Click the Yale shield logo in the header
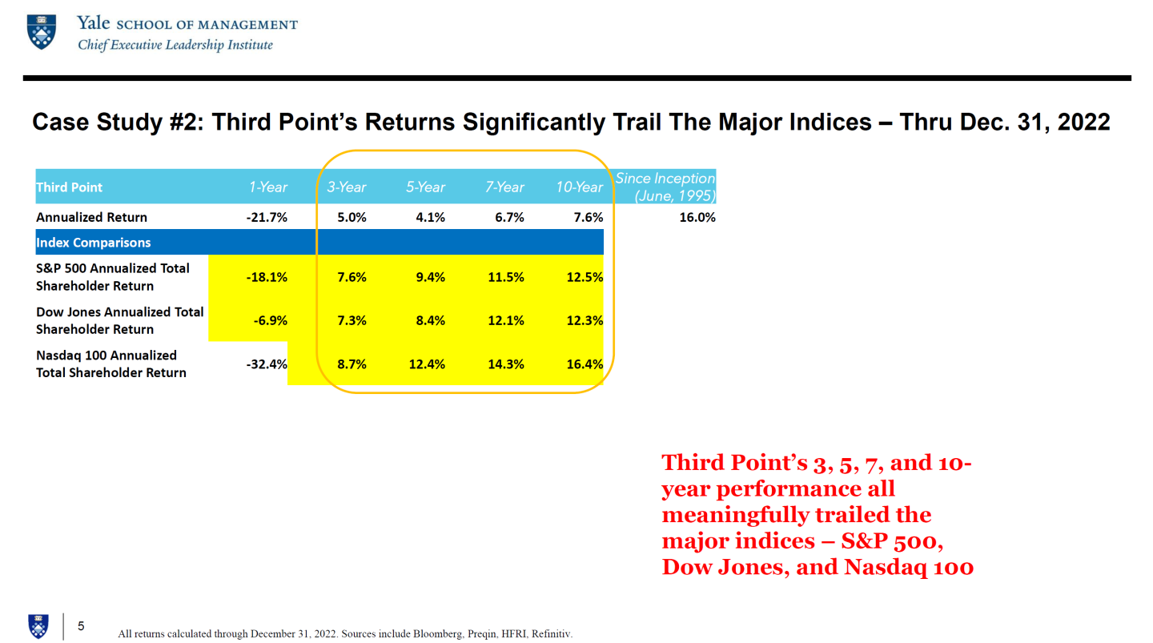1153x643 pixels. point(41,32)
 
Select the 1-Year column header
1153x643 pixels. point(267,187)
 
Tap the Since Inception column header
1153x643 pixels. point(665,187)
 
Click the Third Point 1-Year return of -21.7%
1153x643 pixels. point(267,217)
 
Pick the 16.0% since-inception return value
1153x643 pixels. point(697,217)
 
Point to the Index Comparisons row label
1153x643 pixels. point(93,243)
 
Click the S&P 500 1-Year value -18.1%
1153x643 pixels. point(267,278)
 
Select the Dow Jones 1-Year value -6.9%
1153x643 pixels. point(271,321)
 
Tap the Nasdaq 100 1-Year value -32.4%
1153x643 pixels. point(267,364)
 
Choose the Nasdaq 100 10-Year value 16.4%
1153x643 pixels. point(585,364)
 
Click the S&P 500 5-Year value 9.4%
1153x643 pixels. point(430,278)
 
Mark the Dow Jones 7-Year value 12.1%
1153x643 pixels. point(506,321)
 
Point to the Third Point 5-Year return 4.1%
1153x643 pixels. point(430,217)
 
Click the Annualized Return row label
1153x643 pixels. point(91,217)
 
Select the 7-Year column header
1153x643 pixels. point(504,187)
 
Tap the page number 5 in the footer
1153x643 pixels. point(81,626)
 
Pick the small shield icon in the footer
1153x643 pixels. point(38,626)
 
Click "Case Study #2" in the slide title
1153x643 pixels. point(118,123)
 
